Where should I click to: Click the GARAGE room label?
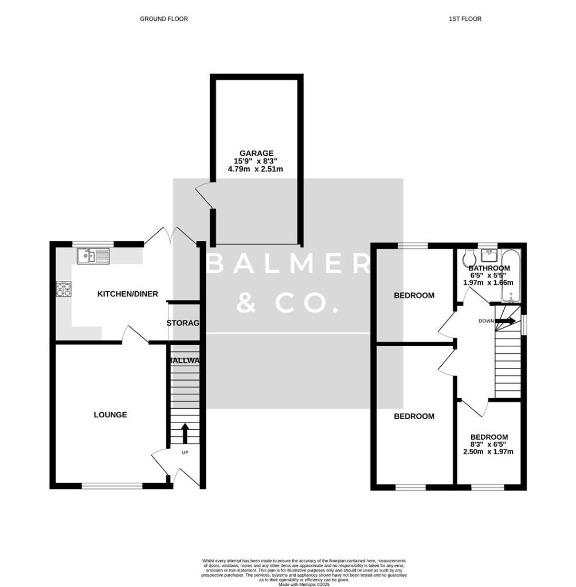[x=253, y=153]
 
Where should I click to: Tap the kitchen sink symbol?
[x=93, y=255]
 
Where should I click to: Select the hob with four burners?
[x=64, y=290]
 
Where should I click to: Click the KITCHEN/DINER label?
[x=127, y=294]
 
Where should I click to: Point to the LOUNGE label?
[x=110, y=414]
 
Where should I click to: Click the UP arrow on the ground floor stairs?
[x=185, y=433]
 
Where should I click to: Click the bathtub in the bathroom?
[x=510, y=275]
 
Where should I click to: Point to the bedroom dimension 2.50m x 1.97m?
[x=489, y=452]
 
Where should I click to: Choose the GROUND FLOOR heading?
[x=164, y=19]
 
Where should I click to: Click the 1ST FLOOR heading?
[x=465, y=19]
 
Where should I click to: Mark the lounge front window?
[x=112, y=486]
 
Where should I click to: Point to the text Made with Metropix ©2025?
[x=304, y=584]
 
